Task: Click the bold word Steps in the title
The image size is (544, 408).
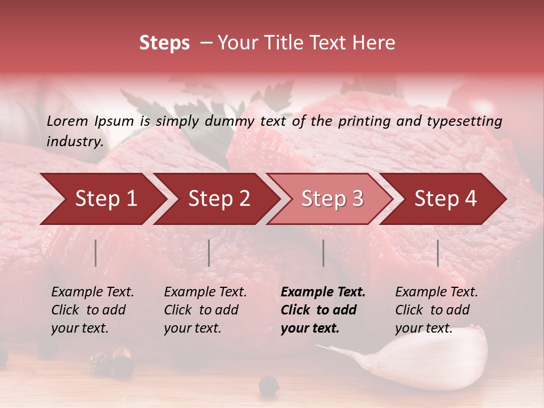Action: (164, 43)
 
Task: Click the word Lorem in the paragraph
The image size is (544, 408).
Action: (67, 121)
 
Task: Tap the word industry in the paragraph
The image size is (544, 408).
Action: (74, 141)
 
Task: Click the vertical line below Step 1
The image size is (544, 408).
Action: (96, 253)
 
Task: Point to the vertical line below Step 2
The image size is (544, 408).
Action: (209, 253)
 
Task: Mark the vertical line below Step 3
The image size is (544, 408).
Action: (323, 253)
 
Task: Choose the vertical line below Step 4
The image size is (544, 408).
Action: (437, 253)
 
